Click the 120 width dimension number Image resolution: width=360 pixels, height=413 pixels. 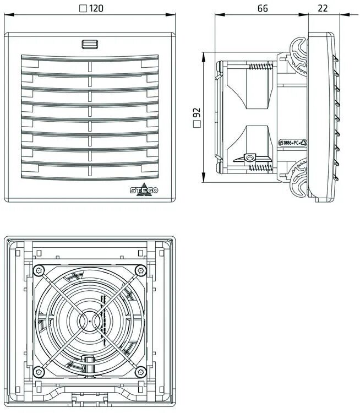coord(97,8)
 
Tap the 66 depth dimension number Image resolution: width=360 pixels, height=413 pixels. coord(262,8)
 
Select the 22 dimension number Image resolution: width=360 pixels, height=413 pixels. coord(323,8)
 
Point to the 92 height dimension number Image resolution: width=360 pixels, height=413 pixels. coord(197,113)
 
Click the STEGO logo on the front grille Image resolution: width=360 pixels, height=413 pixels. coord(144,191)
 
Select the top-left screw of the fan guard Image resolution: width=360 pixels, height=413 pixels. coord(39,270)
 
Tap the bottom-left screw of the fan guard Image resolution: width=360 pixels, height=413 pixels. coord(39,369)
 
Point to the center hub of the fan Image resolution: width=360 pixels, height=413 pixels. coord(89,319)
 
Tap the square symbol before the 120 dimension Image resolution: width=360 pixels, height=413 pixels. coord(83,8)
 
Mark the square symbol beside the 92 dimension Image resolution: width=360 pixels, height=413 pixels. coord(197,125)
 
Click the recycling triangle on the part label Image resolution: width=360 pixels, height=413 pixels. coord(303,142)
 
